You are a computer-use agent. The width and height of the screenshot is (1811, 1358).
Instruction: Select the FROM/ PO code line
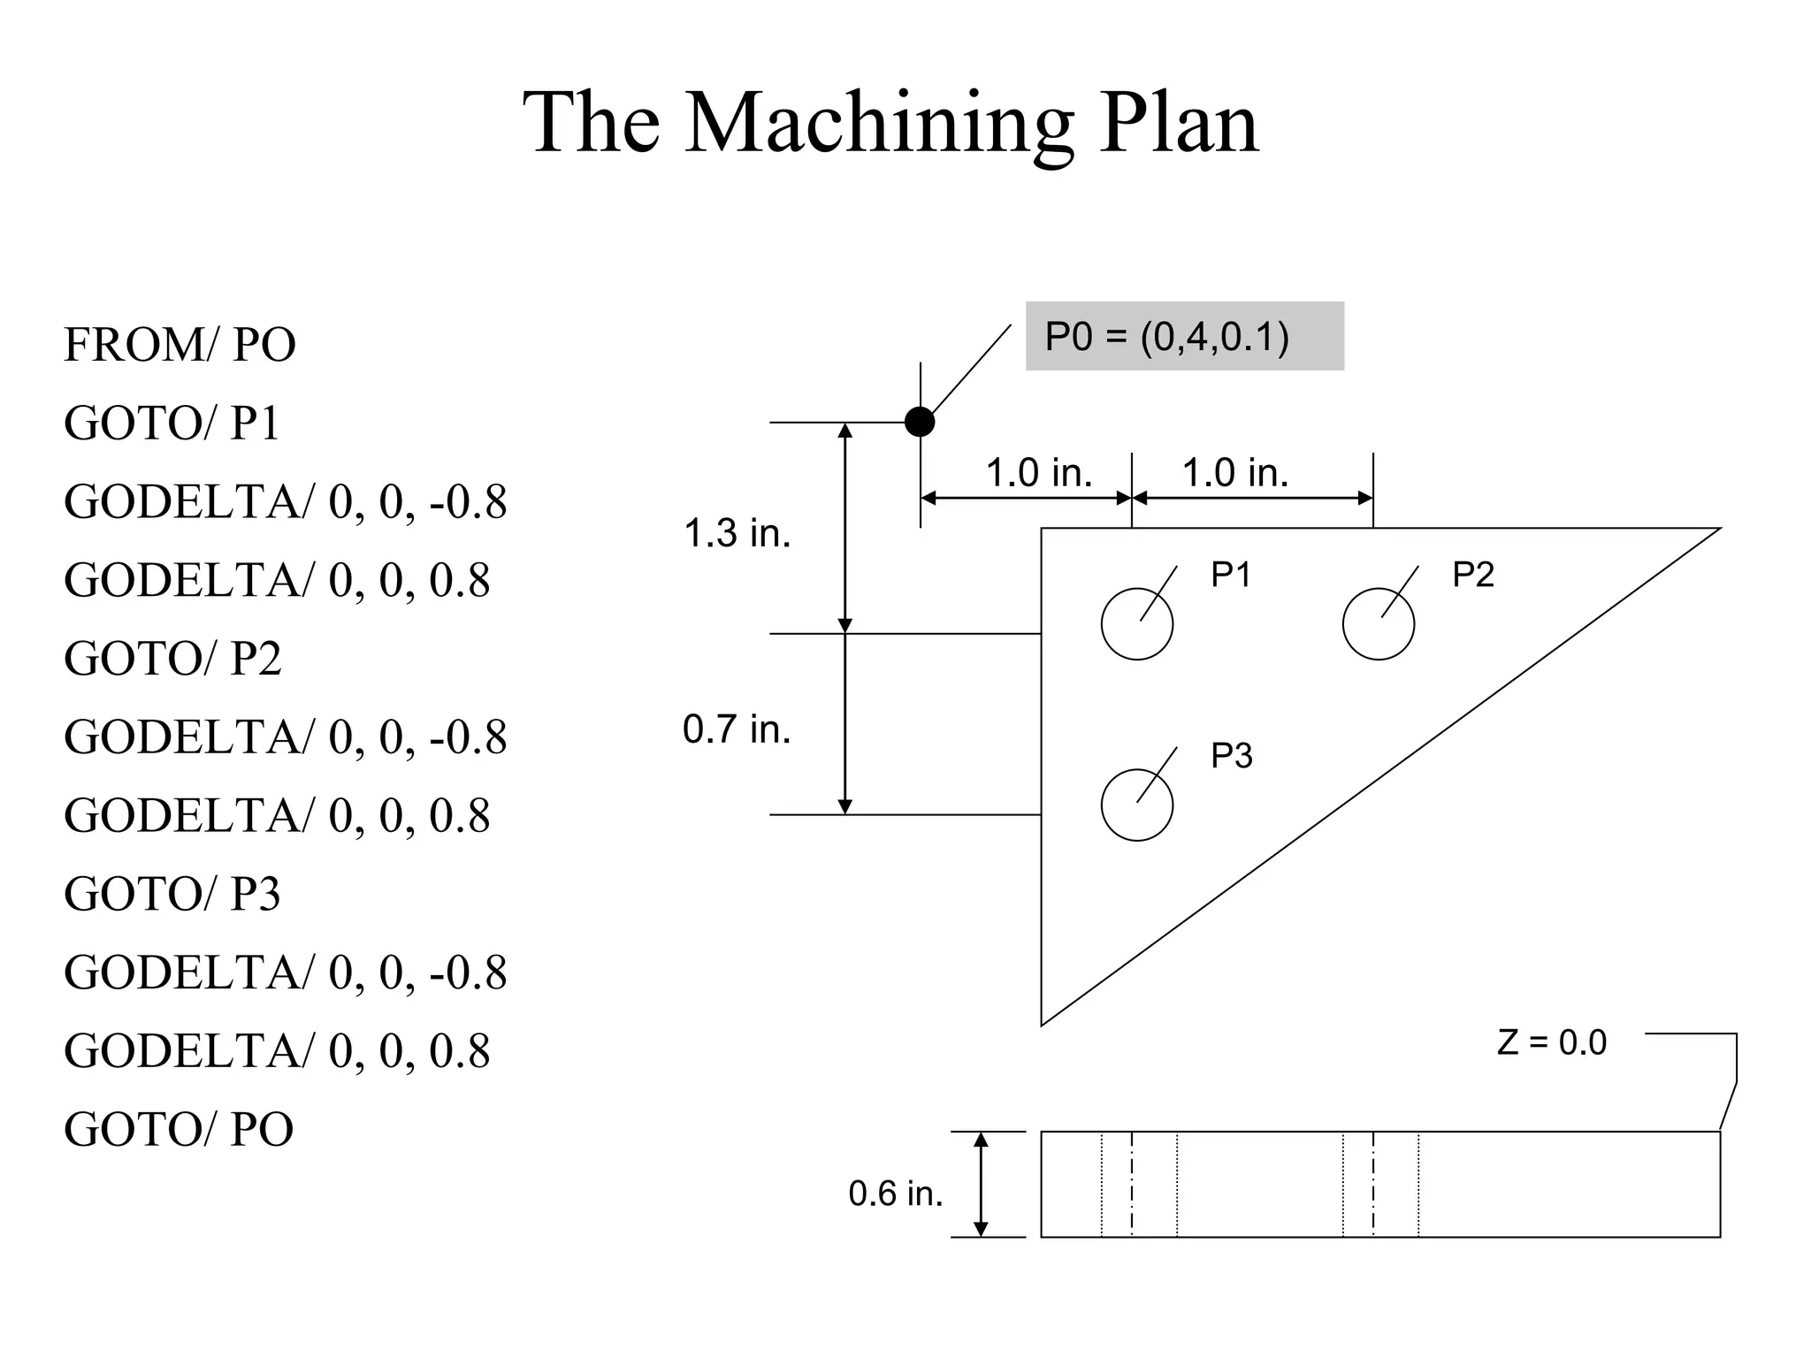tap(180, 345)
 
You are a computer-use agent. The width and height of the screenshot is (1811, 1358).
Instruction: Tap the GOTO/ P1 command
tap(172, 423)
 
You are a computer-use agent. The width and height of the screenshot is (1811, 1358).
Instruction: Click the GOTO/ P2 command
tap(172, 659)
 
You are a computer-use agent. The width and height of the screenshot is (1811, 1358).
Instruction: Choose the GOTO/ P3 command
tap(172, 894)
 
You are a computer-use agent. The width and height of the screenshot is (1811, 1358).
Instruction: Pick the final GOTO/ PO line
tap(179, 1129)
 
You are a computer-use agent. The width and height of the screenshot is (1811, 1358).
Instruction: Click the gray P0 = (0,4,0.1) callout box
tap(1183, 337)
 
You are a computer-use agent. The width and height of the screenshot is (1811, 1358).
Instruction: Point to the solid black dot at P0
tap(920, 422)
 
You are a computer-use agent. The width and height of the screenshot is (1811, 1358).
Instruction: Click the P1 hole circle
tap(1136, 624)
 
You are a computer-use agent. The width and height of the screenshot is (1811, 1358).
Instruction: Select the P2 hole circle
tap(1378, 624)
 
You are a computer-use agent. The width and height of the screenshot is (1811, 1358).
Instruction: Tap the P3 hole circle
tap(1136, 805)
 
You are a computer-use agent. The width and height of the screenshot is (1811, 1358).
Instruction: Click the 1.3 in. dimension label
tap(737, 533)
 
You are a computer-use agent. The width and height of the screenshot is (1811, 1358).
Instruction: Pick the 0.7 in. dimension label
tap(737, 729)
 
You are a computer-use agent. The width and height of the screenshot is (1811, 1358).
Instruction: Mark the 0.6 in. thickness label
tap(895, 1194)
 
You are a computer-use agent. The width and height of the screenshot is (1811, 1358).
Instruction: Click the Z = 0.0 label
tap(1551, 1043)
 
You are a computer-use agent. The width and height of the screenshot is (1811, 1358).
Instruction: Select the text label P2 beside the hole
tap(1472, 576)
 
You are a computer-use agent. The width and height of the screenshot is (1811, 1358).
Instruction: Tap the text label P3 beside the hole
tap(1231, 756)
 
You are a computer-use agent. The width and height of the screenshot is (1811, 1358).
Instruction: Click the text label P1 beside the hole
tap(1231, 576)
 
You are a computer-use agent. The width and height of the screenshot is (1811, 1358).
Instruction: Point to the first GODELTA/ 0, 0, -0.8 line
tap(285, 502)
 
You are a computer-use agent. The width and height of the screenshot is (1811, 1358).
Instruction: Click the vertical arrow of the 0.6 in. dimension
tap(980, 1185)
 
